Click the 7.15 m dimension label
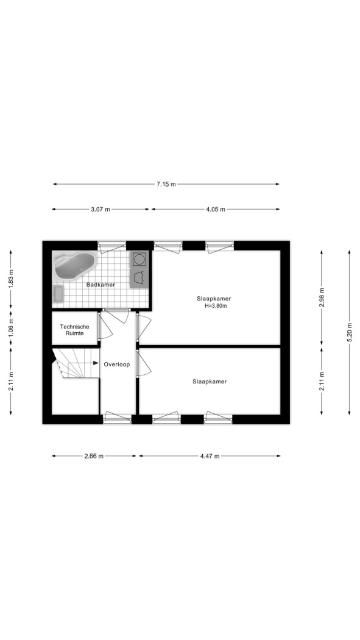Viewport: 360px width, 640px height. (166, 184)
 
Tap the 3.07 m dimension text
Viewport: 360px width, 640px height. (101, 210)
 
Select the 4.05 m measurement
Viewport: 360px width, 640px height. (215, 210)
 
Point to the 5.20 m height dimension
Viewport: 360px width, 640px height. (350, 333)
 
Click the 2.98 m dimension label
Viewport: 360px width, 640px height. (322, 298)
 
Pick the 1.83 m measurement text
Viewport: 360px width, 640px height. (10, 277)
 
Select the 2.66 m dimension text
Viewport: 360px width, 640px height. (94, 456)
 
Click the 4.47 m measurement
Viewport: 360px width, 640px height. (210, 456)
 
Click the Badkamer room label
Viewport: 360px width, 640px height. (101, 285)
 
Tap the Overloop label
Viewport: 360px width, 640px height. (117, 364)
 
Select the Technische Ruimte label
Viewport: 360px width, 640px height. (74, 330)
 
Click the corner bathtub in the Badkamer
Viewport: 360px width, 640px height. (75, 266)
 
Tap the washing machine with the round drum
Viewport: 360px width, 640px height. (139, 259)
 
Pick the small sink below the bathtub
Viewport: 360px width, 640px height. (58, 294)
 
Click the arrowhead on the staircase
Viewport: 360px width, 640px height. (96, 363)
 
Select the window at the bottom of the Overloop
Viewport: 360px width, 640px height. (118, 417)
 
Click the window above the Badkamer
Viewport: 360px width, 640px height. (111, 245)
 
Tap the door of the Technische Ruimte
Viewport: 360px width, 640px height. (105, 325)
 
